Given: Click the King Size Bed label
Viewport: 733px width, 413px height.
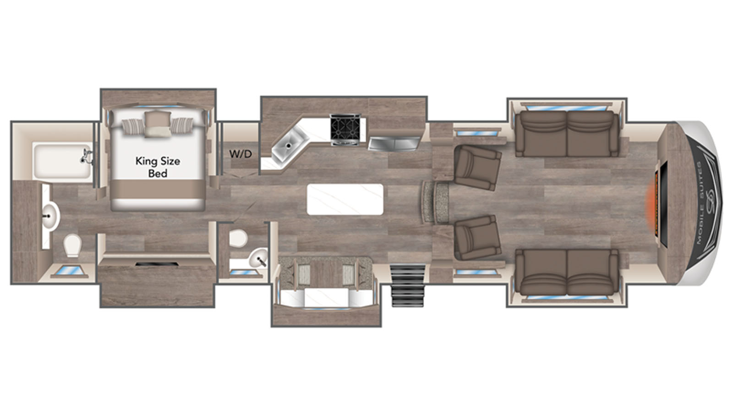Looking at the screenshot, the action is click(x=158, y=167).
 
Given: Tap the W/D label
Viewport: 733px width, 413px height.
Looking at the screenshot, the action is click(x=241, y=154).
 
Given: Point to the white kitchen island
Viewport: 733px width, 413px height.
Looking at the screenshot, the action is click(x=345, y=199).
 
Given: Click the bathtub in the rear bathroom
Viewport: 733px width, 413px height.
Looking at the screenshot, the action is click(x=62, y=161).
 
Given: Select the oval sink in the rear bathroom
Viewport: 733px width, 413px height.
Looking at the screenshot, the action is click(x=51, y=216).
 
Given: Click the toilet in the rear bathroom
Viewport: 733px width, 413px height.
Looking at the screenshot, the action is click(x=72, y=245).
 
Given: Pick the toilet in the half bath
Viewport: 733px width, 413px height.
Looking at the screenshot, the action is click(x=238, y=238).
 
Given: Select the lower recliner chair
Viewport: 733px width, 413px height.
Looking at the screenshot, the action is click(x=477, y=238).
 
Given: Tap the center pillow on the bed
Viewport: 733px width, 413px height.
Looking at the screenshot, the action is click(x=158, y=123).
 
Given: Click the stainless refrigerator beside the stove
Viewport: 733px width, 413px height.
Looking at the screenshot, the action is click(x=394, y=144).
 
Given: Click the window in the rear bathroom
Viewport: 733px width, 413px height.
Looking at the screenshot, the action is click(x=70, y=271).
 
